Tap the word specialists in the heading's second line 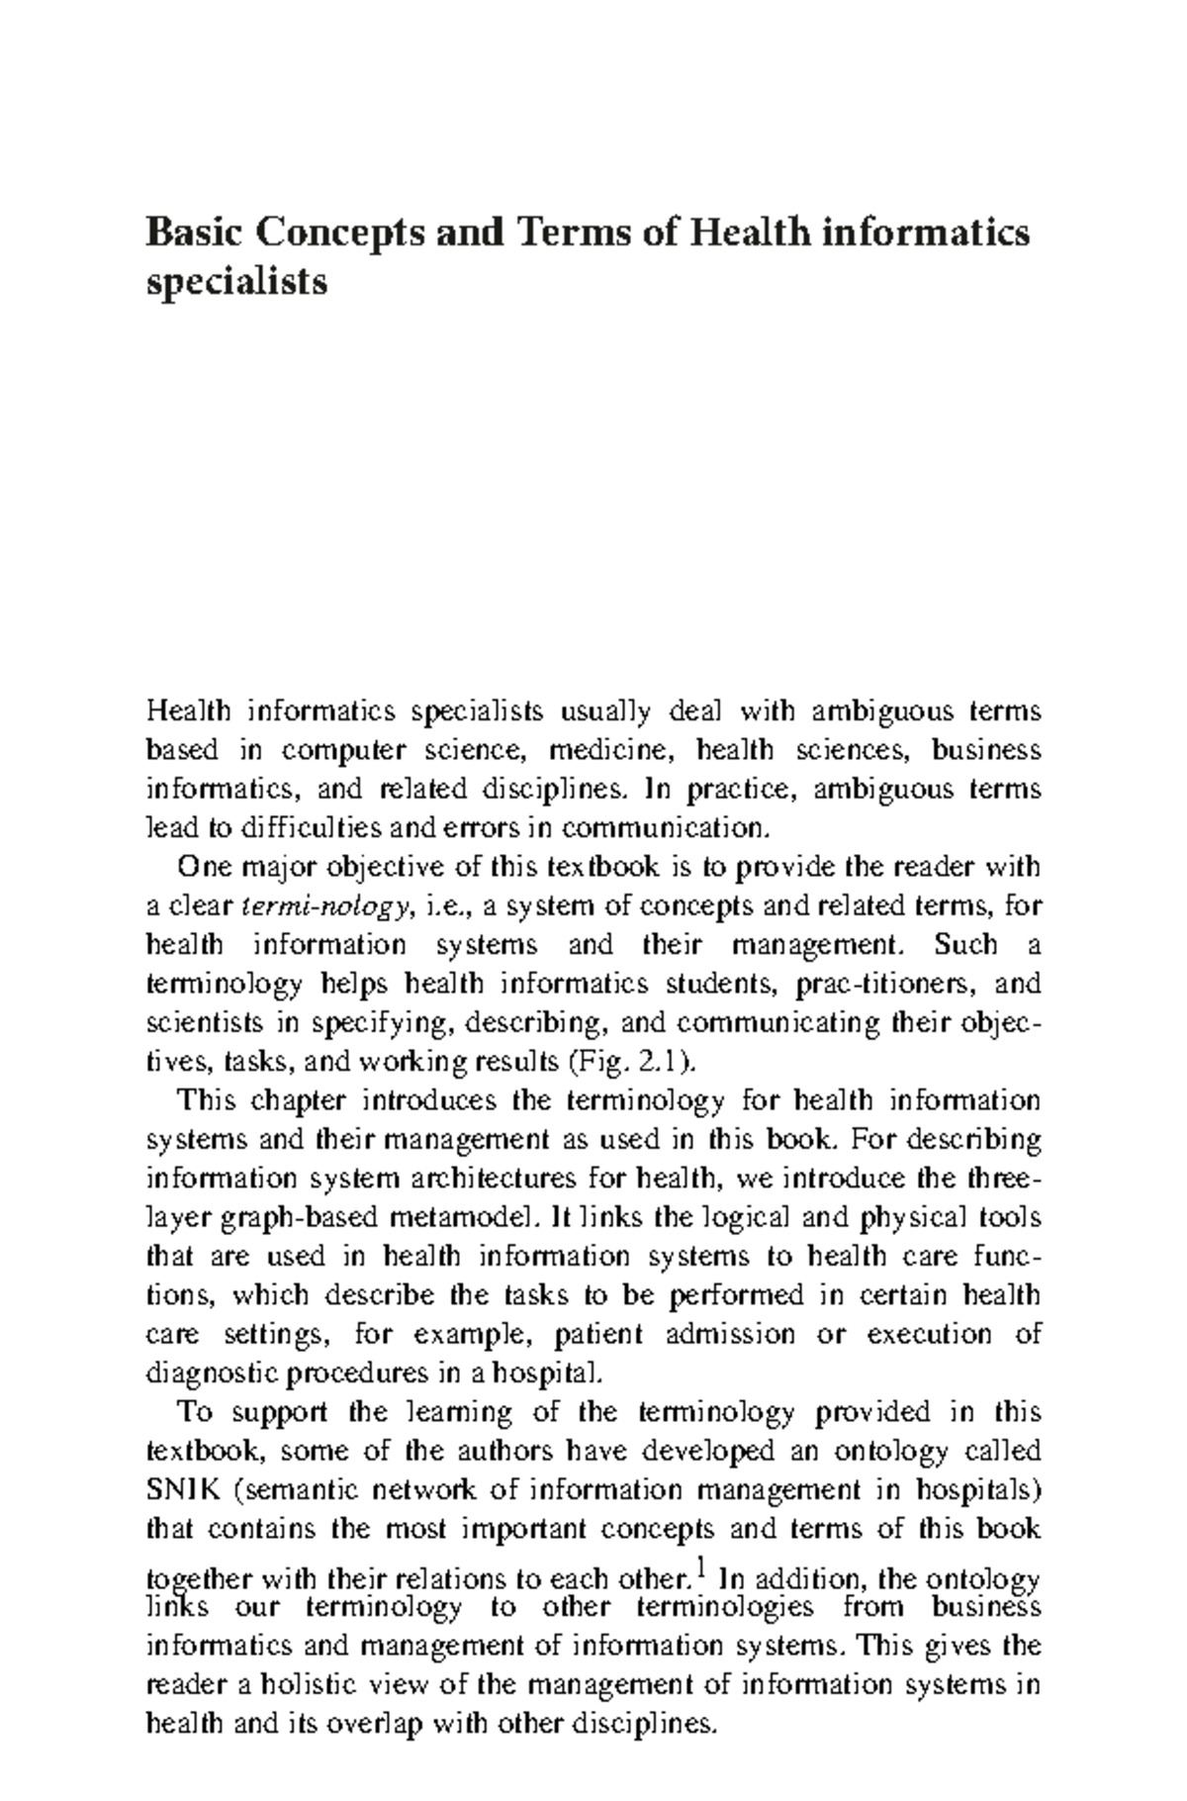point(236,282)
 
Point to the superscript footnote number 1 point(700,1566)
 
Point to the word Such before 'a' point(964,944)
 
